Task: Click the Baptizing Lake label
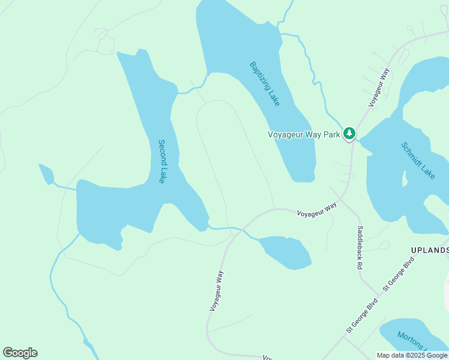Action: click(x=265, y=84)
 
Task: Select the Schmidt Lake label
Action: click(x=417, y=160)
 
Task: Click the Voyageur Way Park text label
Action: click(x=304, y=134)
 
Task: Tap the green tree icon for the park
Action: click(x=349, y=134)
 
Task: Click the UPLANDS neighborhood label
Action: click(x=430, y=250)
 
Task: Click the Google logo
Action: click(x=20, y=353)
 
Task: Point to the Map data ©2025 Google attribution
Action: click(x=412, y=355)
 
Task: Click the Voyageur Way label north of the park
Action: click(x=379, y=88)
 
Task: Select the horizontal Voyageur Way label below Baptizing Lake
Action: click(x=317, y=209)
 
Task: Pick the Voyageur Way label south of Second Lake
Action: click(x=217, y=290)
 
